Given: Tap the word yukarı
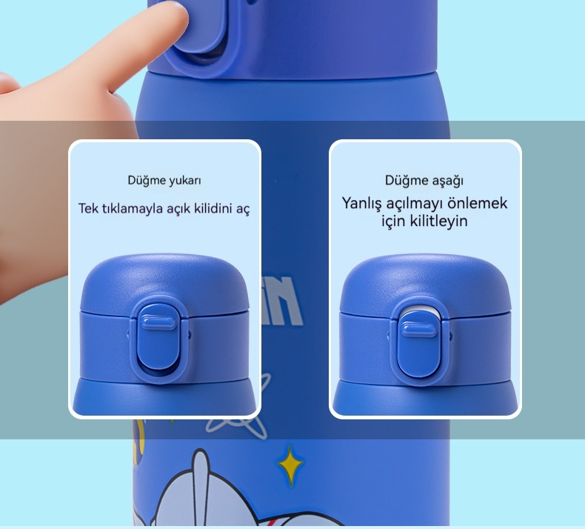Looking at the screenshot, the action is click(185, 181).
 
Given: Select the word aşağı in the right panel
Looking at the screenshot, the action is click(448, 181).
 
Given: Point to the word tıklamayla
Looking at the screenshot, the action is click(132, 208).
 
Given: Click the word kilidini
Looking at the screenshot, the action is click(212, 208).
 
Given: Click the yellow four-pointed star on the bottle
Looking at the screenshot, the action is click(290, 465).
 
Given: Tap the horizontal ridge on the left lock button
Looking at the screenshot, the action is click(158, 322).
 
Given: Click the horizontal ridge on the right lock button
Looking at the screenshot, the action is click(418, 330).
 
